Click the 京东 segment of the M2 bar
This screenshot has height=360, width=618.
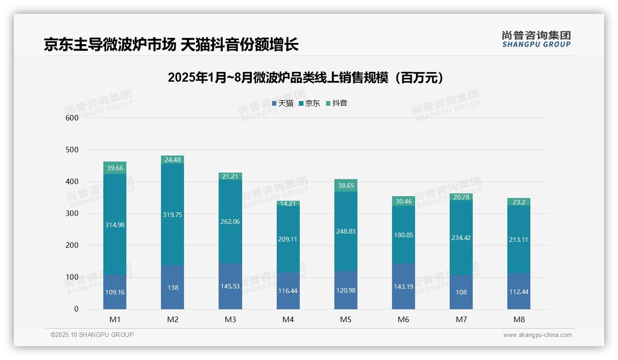(x=172, y=215)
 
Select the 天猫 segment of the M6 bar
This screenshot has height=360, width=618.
(x=404, y=286)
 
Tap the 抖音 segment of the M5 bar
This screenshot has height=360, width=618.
(x=346, y=185)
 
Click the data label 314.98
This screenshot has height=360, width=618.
(x=115, y=225)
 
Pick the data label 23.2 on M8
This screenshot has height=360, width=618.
(x=519, y=202)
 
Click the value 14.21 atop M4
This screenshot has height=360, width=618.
(x=288, y=203)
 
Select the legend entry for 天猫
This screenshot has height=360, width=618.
(x=283, y=103)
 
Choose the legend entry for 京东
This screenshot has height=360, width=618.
(x=309, y=103)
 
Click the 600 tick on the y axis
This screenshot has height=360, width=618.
(x=72, y=118)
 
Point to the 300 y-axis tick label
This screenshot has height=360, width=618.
(x=72, y=214)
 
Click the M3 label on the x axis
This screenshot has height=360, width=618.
(x=230, y=319)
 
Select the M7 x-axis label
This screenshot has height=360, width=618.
(x=461, y=319)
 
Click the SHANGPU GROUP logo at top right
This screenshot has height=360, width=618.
(x=536, y=39)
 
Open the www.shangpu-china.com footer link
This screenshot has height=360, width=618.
(x=537, y=335)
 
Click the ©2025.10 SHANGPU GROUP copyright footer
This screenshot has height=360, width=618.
(x=92, y=335)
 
